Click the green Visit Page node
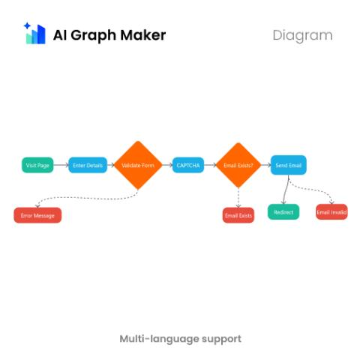[37, 165]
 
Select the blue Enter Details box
[88, 165]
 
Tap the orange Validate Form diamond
[138, 165]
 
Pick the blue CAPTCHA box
[188, 165]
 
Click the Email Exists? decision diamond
[238, 165]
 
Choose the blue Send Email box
[289, 165]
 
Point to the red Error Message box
[37, 215]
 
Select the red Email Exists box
[238, 215]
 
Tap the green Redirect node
[283, 212]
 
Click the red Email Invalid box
[331, 212]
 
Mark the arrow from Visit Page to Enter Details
[61, 165]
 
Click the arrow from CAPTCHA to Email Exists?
[210, 165]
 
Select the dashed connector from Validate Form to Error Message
[88, 198]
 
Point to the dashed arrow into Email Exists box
[238, 197]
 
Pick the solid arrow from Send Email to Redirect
[285, 190]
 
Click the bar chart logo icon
[34, 33]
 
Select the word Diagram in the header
[302, 35]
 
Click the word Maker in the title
[143, 35]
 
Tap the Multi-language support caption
[181, 339]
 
